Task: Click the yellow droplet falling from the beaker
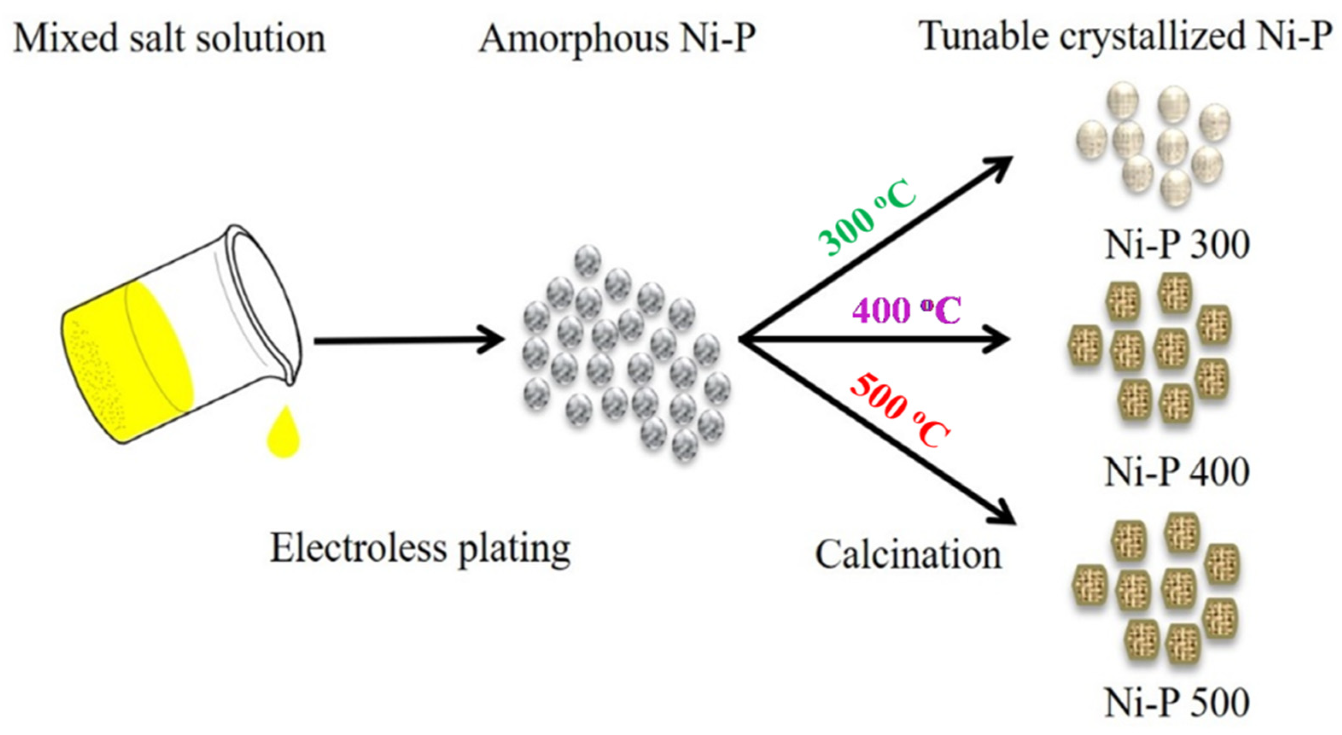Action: [283, 435]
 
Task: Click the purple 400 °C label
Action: [906, 311]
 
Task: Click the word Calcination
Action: [907, 555]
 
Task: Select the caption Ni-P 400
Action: [1176, 472]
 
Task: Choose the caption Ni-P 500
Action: [1176, 703]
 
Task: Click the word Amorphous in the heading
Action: [573, 39]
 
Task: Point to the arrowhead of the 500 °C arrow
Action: [1003, 515]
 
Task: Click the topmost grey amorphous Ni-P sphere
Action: [588, 260]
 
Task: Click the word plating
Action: [513, 550]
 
